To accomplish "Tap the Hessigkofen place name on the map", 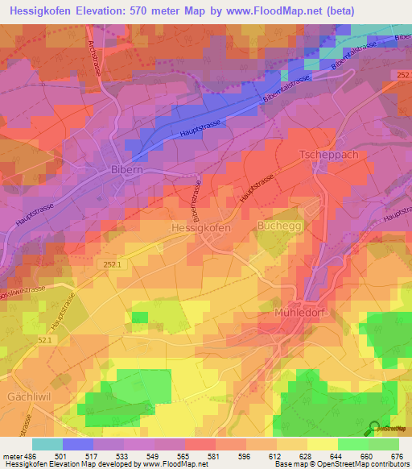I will click(x=201, y=228).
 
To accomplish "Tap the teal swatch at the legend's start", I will click(x=47, y=444).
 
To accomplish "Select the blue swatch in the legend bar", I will click(x=78, y=444).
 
